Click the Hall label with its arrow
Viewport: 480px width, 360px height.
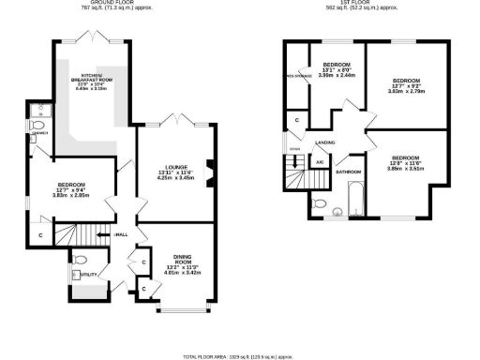point(120,235)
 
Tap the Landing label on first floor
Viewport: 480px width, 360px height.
point(325,142)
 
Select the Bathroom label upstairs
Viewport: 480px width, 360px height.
point(350,172)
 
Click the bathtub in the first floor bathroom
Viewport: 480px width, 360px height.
point(357,198)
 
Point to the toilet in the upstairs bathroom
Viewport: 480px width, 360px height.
point(321,204)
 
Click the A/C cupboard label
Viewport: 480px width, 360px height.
point(320,163)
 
